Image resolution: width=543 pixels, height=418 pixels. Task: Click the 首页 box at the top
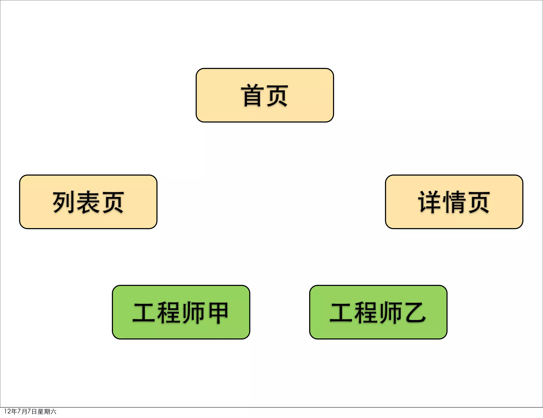[265, 95]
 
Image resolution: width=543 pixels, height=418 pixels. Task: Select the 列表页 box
[88, 202]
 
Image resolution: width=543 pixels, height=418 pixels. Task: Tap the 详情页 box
[454, 202]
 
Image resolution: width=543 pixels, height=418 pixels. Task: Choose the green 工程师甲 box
[181, 312]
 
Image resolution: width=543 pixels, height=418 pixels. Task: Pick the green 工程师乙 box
[378, 312]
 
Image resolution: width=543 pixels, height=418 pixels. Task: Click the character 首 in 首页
[252, 95]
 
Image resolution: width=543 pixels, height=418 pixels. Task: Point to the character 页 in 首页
[277, 95]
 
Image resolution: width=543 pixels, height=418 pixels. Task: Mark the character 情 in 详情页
[454, 202]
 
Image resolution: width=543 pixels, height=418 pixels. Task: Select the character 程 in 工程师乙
[366, 312]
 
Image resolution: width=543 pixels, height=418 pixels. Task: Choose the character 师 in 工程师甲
[193, 312]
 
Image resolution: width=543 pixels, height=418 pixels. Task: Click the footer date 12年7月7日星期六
[30, 411]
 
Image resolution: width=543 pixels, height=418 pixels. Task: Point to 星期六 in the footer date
[47, 411]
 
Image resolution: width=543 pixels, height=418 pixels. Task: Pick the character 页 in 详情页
[478, 202]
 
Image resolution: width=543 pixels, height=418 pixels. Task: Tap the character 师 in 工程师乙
[390, 312]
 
